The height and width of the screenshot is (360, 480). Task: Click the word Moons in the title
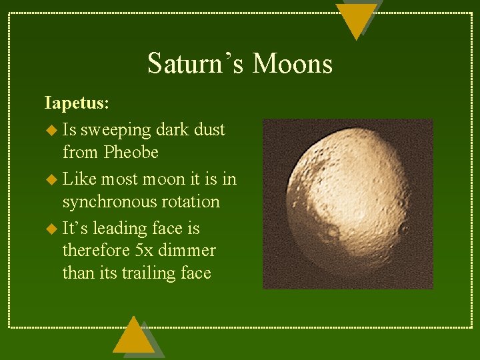pyautogui.click(x=293, y=64)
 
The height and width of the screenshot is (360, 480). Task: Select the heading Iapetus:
pyautogui.click(x=77, y=103)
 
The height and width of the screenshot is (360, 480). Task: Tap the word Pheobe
pyautogui.click(x=131, y=153)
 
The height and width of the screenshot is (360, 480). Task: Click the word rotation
pyautogui.click(x=195, y=202)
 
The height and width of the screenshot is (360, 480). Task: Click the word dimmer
pyautogui.click(x=189, y=251)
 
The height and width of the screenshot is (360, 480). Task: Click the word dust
pyautogui.click(x=209, y=129)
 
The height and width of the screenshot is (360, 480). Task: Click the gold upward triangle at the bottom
pyautogui.click(x=133, y=337)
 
